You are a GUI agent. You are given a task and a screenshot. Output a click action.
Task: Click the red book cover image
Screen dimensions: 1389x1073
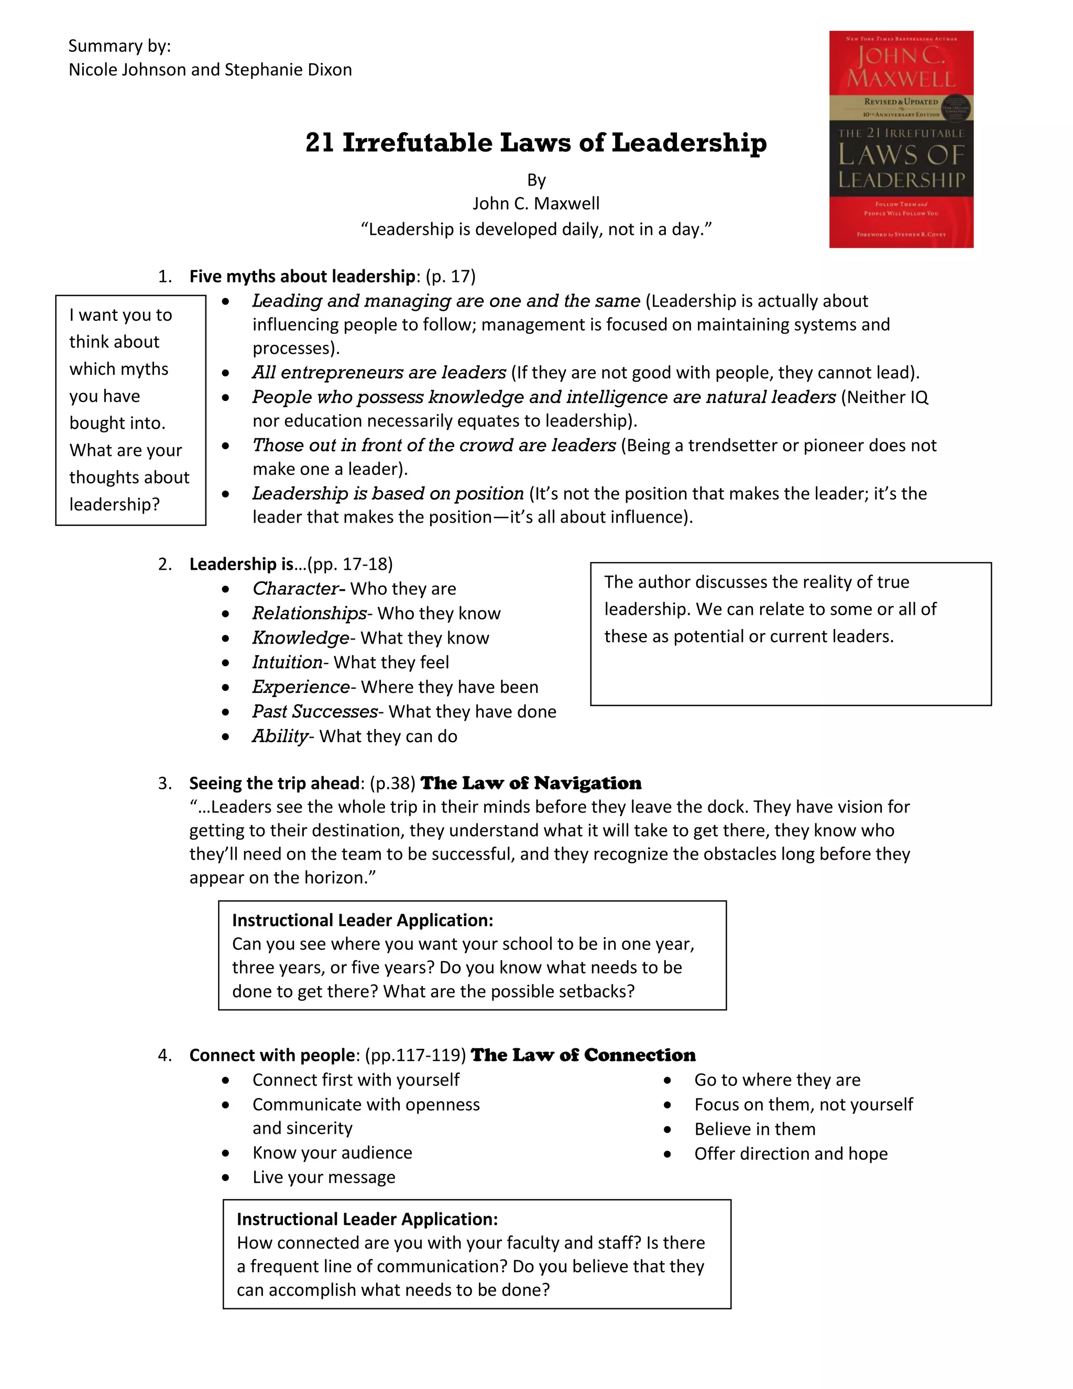tap(901, 139)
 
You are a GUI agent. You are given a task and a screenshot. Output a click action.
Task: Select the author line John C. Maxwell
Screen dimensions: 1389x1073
tap(536, 203)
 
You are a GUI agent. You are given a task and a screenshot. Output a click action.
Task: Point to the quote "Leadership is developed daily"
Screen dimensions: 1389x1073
tap(536, 229)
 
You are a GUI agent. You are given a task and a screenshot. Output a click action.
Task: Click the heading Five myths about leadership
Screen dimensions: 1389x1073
tap(302, 276)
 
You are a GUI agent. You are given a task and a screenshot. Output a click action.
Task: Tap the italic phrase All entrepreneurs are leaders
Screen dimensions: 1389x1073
tap(379, 372)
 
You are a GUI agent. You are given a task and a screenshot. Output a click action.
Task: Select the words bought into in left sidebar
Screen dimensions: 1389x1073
tap(117, 423)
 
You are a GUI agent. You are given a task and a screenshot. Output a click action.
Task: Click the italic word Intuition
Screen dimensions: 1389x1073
tap(287, 662)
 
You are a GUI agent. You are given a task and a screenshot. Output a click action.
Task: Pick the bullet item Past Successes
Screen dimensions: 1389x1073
tap(315, 711)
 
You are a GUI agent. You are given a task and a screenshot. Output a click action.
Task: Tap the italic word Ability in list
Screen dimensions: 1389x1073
tap(280, 736)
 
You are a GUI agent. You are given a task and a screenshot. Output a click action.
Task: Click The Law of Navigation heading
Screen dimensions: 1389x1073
tap(531, 783)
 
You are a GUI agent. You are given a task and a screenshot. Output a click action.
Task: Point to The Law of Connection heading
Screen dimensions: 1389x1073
tap(583, 1055)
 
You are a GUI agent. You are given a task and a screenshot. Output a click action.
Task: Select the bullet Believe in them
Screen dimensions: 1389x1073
tap(754, 1129)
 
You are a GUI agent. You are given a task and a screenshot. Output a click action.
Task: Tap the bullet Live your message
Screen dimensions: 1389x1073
tap(324, 1177)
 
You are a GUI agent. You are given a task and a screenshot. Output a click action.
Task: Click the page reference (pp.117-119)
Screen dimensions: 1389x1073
tap(415, 1055)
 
